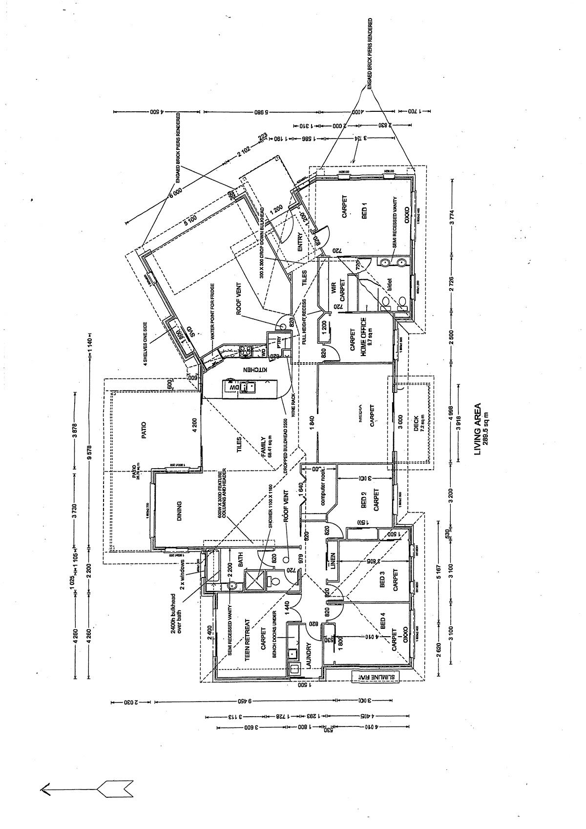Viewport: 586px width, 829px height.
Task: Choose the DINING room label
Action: pyautogui.click(x=179, y=511)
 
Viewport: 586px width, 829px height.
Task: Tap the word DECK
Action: pyautogui.click(x=416, y=421)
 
